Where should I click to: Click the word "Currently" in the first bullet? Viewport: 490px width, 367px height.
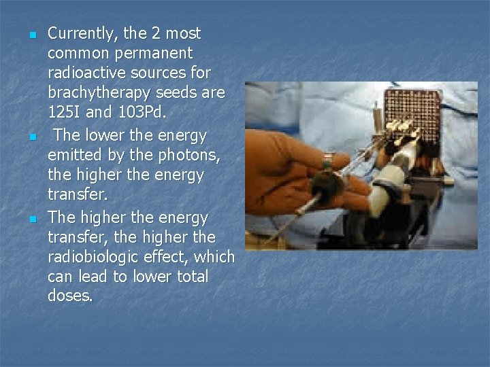(80, 33)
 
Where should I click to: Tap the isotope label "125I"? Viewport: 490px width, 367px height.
(65, 111)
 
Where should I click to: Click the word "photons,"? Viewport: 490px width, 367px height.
(182, 156)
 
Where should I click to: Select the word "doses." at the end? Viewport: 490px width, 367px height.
(70, 296)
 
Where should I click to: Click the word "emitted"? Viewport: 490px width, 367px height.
(76, 156)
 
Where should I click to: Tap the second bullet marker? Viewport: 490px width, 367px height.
(31, 138)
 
